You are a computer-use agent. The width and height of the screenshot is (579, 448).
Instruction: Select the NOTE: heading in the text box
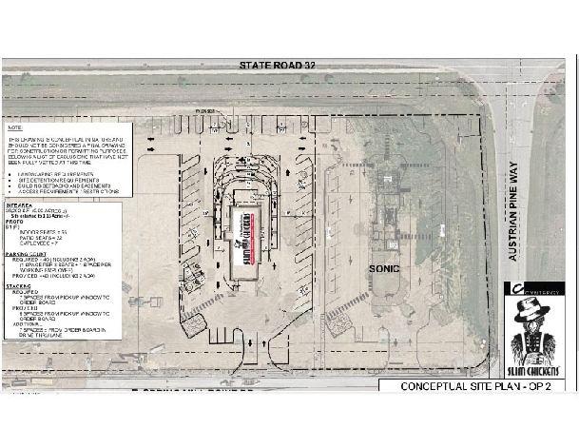(x=15, y=127)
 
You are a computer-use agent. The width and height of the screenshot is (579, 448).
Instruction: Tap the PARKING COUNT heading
(x=27, y=254)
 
